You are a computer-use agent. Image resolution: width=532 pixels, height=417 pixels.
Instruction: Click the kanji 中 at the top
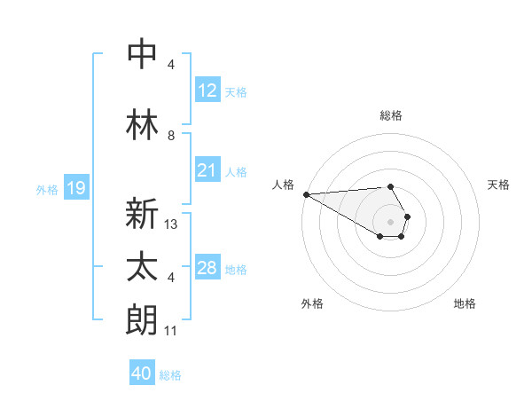coord(143,53)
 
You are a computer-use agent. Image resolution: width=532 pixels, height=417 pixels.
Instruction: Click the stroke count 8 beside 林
coord(170,136)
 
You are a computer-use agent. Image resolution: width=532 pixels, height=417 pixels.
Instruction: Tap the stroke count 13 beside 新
coord(171,224)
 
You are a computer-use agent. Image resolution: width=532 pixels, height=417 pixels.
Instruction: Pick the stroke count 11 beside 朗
coord(171,331)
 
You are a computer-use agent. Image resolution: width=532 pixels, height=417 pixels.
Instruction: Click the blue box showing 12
coord(207,90)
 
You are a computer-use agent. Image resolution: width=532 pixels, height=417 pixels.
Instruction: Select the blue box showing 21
coord(207,170)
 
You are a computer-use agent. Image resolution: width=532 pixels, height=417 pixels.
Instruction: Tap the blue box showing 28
coord(207,268)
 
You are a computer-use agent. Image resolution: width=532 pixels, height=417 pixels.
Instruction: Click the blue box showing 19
coord(75,188)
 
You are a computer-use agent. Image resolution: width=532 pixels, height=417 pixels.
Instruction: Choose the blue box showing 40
coord(141,374)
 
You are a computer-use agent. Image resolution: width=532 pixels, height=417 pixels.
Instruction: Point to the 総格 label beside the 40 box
coord(170,375)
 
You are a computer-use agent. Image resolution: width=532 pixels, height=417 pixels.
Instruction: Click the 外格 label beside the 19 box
coord(47,189)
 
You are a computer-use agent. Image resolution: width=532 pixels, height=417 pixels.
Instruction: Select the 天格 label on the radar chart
coord(498,185)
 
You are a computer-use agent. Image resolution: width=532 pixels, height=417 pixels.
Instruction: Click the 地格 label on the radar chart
coord(465,303)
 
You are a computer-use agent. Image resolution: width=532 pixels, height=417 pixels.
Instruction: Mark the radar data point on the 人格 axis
coord(306,194)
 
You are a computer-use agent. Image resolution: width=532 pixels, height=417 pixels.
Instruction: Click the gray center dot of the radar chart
coord(390,221)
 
